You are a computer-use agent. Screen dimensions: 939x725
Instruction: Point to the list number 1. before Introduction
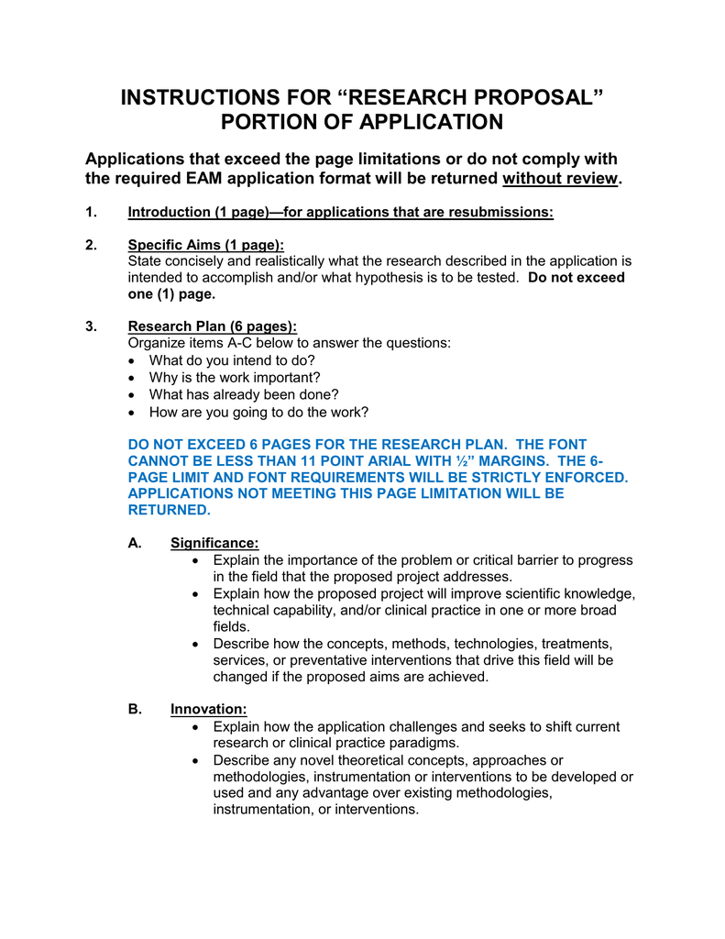[x=91, y=213]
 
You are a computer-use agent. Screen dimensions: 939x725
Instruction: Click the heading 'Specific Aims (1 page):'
[x=205, y=245]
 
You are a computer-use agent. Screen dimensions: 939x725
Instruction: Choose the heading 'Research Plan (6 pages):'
[x=212, y=326]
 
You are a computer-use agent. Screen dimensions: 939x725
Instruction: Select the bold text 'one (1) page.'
[x=171, y=294]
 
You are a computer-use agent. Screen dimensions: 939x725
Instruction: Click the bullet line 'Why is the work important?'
[x=235, y=377]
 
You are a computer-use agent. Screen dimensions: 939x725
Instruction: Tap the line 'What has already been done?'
[x=244, y=394]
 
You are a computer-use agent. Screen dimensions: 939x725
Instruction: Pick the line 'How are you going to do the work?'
[x=258, y=412]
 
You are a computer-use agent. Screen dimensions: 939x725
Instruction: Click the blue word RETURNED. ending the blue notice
[x=170, y=510]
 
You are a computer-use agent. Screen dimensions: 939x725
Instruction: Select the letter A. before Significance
[x=135, y=543]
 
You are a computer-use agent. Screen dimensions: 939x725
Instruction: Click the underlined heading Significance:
[x=214, y=543]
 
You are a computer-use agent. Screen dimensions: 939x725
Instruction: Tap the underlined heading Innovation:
[x=208, y=709]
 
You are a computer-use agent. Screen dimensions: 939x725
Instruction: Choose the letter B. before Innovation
[x=135, y=709]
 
